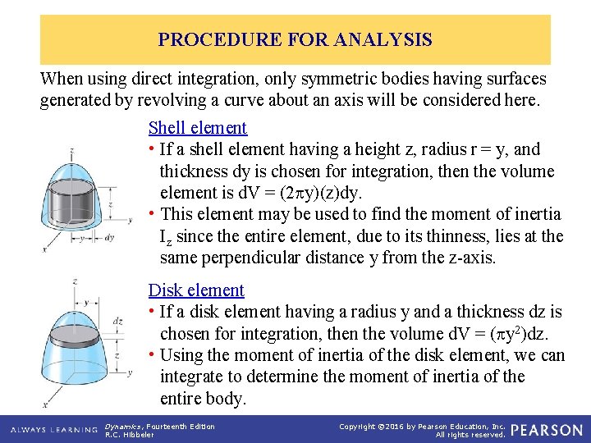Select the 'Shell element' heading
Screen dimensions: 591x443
click(x=197, y=127)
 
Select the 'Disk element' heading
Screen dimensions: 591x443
click(x=196, y=290)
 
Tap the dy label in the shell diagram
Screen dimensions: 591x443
click(x=109, y=238)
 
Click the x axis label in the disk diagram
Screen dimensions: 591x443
click(x=46, y=405)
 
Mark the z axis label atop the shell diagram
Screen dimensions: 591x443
click(x=72, y=149)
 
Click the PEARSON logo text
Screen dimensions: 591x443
click(x=546, y=430)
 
